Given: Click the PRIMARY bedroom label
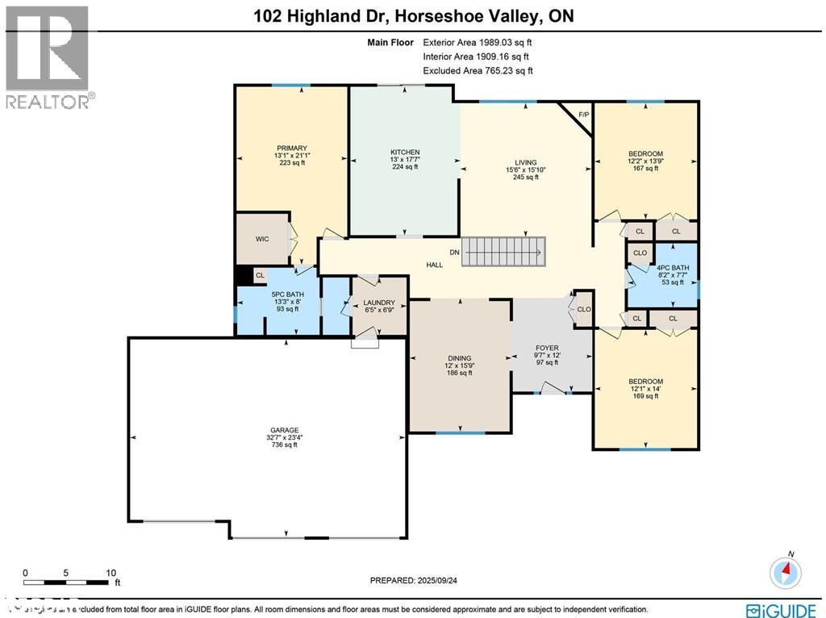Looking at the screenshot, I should (x=291, y=148).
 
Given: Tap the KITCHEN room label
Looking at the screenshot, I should (x=405, y=152).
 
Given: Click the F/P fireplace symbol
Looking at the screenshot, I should (x=582, y=115).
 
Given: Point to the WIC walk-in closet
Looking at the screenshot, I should (x=262, y=239).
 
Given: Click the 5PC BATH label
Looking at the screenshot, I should (x=287, y=294).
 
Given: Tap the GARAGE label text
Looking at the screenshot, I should (x=284, y=430).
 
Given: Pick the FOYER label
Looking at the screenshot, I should (x=546, y=349).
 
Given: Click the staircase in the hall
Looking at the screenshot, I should (x=503, y=252).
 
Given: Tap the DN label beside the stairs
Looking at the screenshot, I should (x=454, y=253).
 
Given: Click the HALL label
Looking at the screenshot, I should (x=434, y=265).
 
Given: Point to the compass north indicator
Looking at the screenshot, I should (x=785, y=571).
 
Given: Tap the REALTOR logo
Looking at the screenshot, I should (x=48, y=56).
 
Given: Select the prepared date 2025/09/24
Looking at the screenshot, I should (x=418, y=580).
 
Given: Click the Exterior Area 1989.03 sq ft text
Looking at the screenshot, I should (x=477, y=42).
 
